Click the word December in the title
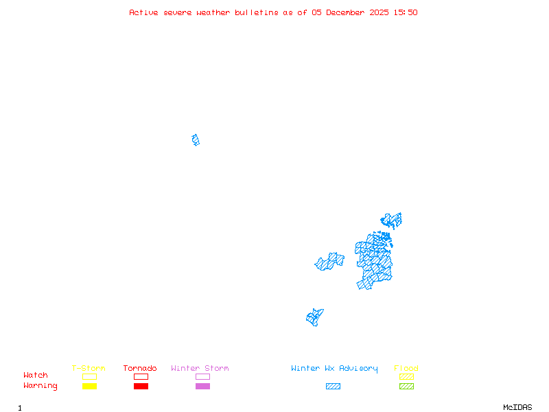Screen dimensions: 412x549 (x=347, y=12)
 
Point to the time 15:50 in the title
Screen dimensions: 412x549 (x=406, y=12)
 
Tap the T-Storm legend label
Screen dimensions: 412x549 (x=89, y=369)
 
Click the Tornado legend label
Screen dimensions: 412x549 (x=140, y=369)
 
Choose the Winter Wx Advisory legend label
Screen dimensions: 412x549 (x=334, y=369)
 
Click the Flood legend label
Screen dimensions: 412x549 (x=406, y=369)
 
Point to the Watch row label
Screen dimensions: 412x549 (x=36, y=376)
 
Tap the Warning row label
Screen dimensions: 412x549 (x=40, y=386)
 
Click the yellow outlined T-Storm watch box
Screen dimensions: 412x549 (x=89, y=376)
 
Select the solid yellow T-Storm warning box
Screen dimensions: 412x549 (x=89, y=386)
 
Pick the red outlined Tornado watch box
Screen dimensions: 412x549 (x=141, y=376)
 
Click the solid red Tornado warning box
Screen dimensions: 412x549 (x=141, y=386)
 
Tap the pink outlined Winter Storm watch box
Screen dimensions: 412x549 (x=202, y=376)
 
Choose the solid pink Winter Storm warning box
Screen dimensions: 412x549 (x=202, y=386)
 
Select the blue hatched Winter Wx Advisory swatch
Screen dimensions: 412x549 (x=333, y=386)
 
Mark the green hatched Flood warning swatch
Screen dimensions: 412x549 (x=406, y=386)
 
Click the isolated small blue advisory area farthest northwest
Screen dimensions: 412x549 (x=196, y=140)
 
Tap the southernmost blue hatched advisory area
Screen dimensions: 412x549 (x=314, y=317)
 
